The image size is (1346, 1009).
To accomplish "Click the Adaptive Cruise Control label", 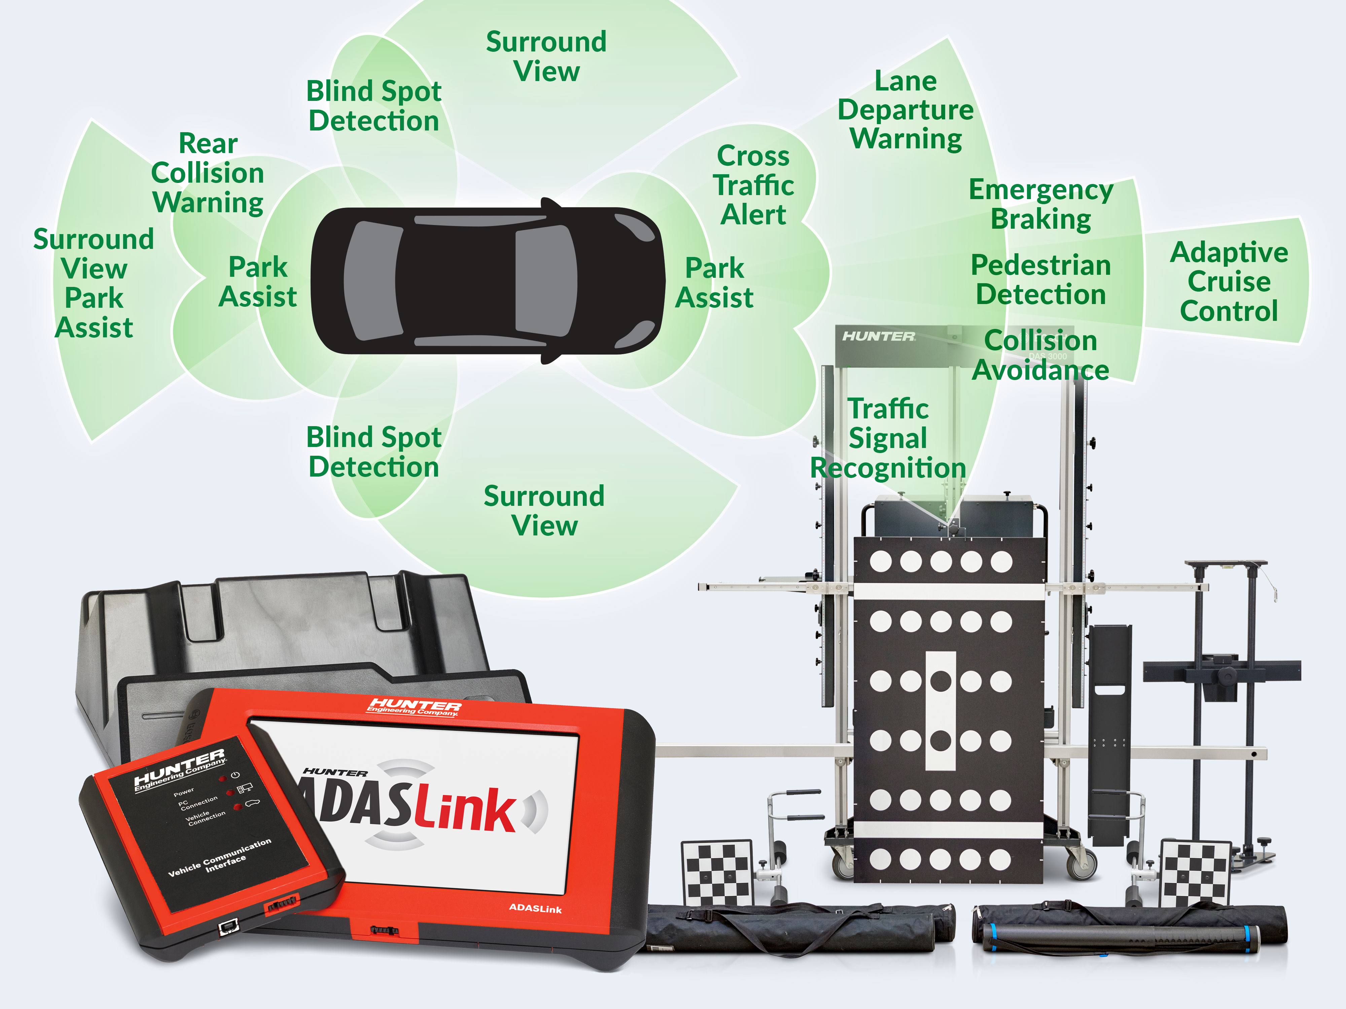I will click(1229, 282).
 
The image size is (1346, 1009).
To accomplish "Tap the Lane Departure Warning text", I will click(906, 110).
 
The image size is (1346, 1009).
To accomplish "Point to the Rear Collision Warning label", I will click(208, 173).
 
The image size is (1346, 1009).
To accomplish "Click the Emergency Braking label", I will click(1040, 204).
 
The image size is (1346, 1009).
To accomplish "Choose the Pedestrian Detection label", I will click(1040, 280).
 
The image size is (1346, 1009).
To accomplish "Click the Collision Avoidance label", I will click(1040, 355).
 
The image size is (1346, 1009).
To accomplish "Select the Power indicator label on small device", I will click(184, 792).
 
